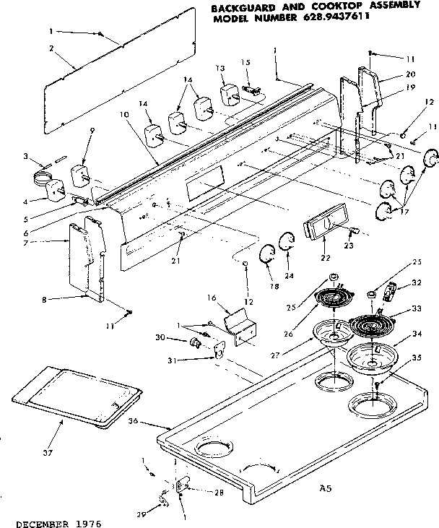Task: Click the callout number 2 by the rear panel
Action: coord(52,48)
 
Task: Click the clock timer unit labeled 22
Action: coord(323,228)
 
